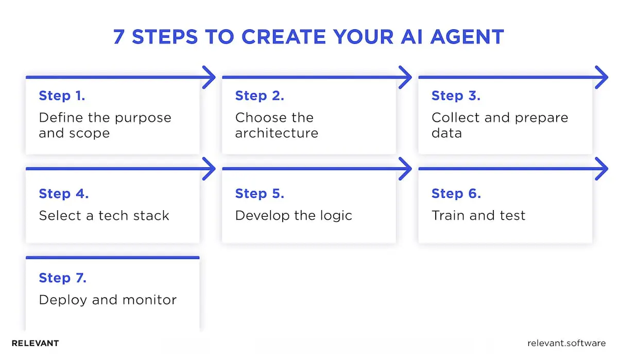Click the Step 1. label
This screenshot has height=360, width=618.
[62, 96]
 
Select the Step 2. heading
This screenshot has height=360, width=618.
[260, 96]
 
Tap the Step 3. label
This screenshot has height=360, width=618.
[456, 96]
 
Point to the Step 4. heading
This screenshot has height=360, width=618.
[64, 194]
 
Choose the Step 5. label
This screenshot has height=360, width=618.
[260, 194]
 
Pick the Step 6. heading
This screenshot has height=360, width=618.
[456, 194]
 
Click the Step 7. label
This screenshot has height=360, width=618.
[63, 278]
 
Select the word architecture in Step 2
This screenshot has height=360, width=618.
[277, 133]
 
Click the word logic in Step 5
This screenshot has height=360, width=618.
[335, 215]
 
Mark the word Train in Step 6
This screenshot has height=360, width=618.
[448, 215]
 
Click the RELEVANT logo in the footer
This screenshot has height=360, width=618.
[35, 343]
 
